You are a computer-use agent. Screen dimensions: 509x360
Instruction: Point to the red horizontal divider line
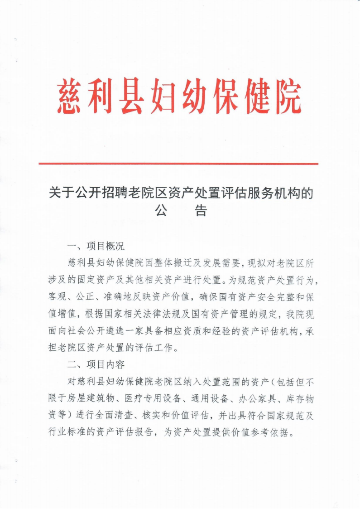(178, 164)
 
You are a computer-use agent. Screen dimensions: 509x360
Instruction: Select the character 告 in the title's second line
(201, 211)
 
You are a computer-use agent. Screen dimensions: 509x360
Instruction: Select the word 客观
(58, 297)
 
